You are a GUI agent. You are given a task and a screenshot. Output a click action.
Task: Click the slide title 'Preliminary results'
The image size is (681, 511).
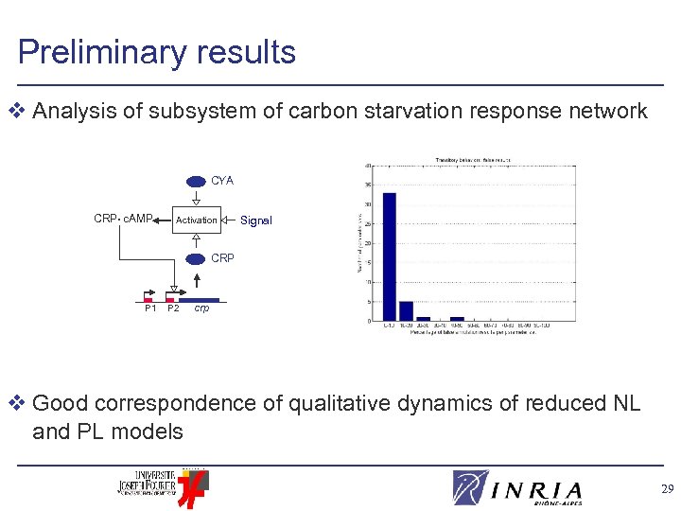point(156,52)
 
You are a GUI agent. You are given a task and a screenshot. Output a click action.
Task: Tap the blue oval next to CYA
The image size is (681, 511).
point(196,181)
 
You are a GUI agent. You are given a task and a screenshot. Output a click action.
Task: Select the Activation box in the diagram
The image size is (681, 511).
point(196,220)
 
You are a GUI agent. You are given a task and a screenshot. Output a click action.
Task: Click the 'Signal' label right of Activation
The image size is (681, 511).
point(255,220)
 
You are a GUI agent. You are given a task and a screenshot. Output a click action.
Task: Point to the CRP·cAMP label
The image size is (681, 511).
point(123,220)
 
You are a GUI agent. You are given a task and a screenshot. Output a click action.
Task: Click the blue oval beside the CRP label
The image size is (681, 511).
point(196,258)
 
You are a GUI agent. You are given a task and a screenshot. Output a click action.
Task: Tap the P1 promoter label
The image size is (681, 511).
point(150,308)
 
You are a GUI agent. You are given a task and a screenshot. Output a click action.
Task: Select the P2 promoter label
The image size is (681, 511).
point(173,308)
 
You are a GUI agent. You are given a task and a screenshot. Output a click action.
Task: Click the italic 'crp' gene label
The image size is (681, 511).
point(201,308)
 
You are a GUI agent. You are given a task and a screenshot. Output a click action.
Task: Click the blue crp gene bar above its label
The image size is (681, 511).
point(201,299)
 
